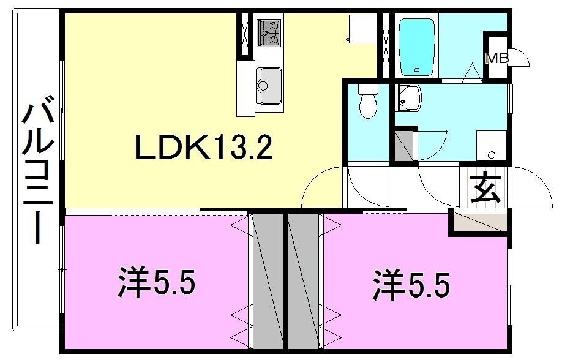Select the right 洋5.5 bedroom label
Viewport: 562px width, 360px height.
click(411, 285)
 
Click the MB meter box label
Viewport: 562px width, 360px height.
click(496, 59)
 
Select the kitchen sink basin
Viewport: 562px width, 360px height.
click(269, 86)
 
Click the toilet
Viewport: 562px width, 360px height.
click(368, 102)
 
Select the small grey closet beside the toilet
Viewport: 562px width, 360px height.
click(403, 146)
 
